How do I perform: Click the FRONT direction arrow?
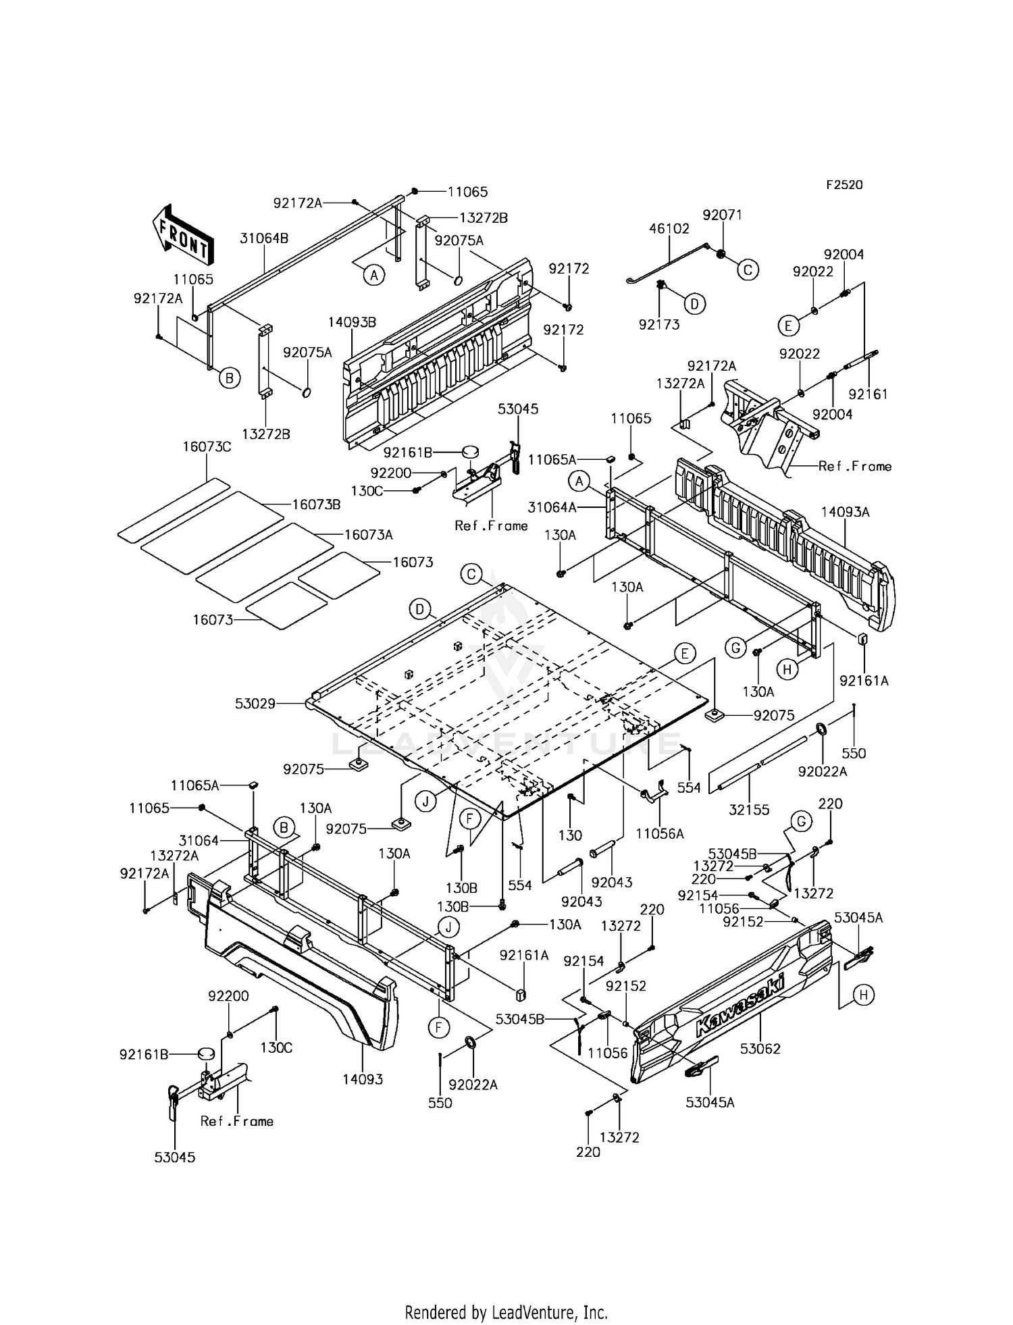[182, 234]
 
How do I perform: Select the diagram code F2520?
[843, 185]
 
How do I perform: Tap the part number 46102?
[669, 229]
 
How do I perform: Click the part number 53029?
[255, 704]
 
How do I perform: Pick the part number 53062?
[760, 1049]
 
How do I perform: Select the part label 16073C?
[207, 446]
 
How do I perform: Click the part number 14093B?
[352, 322]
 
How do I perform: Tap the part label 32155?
[750, 810]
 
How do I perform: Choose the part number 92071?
[722, 215]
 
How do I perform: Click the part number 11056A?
[659, 834]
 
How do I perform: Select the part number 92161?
[868, 394]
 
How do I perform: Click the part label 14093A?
[846, 512]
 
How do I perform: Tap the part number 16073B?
[316, 504]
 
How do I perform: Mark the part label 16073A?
[369, 535]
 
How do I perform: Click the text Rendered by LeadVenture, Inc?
[506, 1312]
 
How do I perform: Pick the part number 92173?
[659, 325]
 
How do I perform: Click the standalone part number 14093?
[363, 1079]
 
